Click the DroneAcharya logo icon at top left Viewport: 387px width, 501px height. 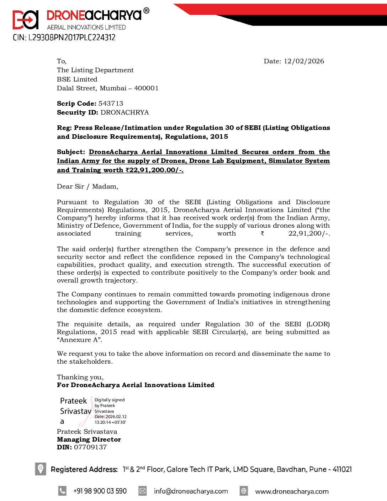pyautogui.click(x=25, y=20)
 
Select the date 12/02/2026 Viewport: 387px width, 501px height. pyautogui.click(x=304, y=61)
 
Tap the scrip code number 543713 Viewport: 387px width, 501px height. pyautogui.click(x=111, y=104)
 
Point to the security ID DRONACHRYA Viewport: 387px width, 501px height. pyautogui.click(x=124, y=112)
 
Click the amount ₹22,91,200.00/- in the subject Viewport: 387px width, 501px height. pyautogui.click(x=154, y=170)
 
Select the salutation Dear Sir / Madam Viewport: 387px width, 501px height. pyautogui.click(x=87, y=186)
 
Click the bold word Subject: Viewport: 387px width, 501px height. pyautogui.click(x=71, y=152)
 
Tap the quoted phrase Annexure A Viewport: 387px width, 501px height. pyautogui.click(x=79, y=340)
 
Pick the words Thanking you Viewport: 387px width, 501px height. pyautogui.click(x=80, y=377)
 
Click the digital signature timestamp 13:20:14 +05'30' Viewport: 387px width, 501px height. pyautogui.click(x=110, y=422)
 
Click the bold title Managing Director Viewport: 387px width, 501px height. pyautogui.click(x=89, y=439)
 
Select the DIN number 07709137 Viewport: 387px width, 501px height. pyautogui.click(x=90, y=447)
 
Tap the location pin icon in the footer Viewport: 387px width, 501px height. pyautogui.click(x=41, y=469)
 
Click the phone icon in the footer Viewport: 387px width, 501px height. pyautogui.click(x=62, y=491)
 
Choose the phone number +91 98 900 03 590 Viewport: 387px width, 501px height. pyautogui.click(x=100, y=491)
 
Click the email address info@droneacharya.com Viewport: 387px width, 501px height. pyautogui.click(x=191, y=491)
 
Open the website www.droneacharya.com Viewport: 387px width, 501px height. pyautogui.click(x=292, y=491)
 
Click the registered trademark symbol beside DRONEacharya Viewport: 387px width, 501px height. pyautogui.click(x=146, y=11)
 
